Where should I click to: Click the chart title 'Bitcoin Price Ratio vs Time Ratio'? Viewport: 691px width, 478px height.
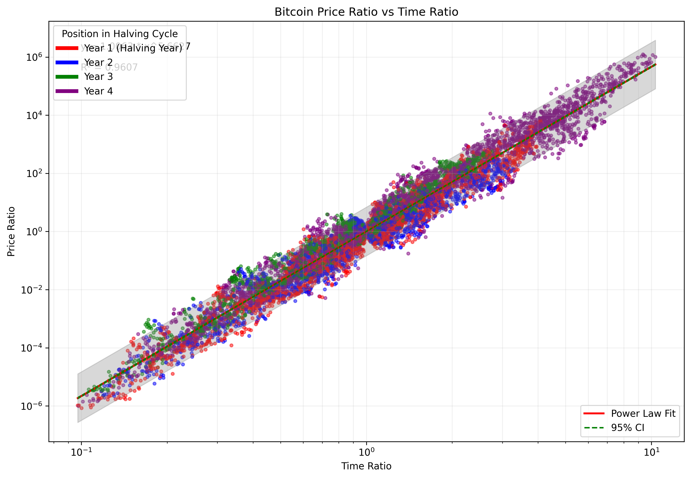coord(366,12)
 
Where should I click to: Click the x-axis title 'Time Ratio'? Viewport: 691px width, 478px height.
coord(366,466)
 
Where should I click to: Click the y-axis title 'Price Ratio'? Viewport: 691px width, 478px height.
coord(11,232)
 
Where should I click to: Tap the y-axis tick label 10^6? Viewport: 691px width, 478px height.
coord(34,57)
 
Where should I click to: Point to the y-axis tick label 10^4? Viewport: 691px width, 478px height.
coord(34,115)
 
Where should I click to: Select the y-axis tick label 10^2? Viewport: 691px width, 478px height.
coord(34,173)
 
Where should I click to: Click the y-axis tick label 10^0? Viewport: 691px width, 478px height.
coord(34,232)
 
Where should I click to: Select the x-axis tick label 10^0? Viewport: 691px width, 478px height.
coord(366,452)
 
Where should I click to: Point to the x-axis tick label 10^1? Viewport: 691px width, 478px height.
coord(651,452)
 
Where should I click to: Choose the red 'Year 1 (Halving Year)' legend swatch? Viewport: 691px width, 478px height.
coord(67,48)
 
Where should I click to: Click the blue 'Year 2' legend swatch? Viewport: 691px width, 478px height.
coord(67,62)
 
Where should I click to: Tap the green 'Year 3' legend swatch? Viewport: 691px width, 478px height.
coord(67,77)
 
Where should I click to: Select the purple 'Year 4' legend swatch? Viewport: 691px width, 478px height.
coord(67,91)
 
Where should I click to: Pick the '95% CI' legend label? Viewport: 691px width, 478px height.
coord(627,428)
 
